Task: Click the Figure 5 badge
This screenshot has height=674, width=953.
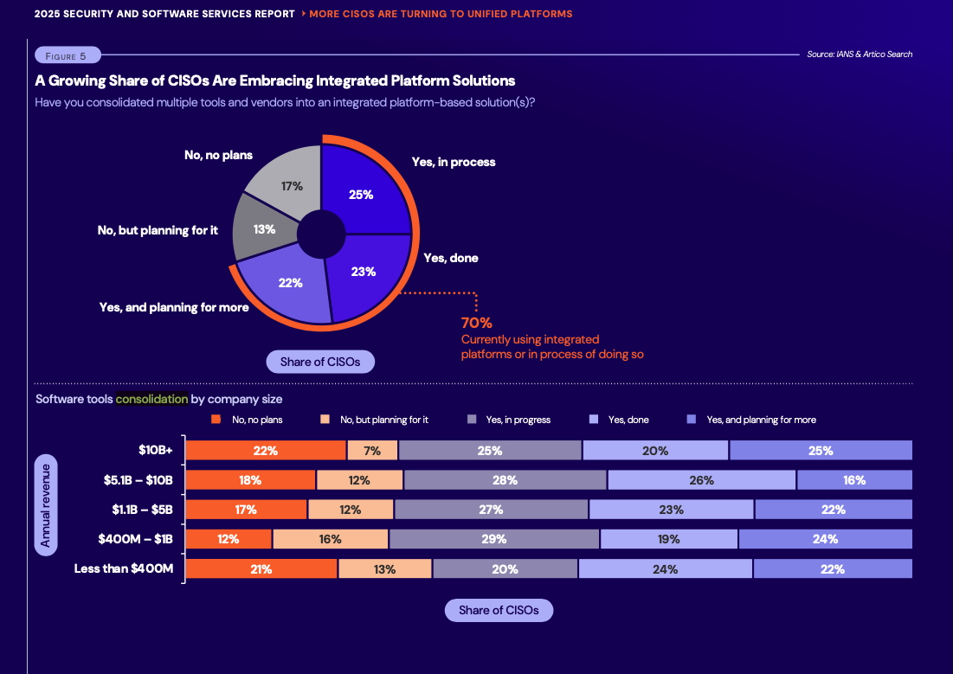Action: pos(68,55)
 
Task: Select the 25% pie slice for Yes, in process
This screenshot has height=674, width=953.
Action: pos(362,194)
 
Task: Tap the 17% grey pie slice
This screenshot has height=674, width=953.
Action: pos(291,185)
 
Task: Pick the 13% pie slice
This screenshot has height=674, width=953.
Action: pos(265,229)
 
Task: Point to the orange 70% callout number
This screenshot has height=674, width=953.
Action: pos(476,323)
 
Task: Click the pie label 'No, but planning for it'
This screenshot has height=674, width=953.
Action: pos(158,230)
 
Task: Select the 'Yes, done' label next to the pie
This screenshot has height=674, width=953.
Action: pos(450,258)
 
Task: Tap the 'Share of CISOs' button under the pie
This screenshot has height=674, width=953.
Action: pos(320,362)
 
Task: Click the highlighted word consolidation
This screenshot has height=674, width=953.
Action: pos(151,399)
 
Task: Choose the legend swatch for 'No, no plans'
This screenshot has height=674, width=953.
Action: pos(216,420)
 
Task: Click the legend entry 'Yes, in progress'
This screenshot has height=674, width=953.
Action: pos(518,420)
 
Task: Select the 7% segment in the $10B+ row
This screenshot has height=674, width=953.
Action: pos(372,450)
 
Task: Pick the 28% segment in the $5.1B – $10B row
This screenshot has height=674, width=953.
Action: pos(505,479)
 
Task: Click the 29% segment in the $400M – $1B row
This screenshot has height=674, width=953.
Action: pos(493,538)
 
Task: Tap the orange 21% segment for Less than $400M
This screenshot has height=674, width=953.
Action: pos(261,568)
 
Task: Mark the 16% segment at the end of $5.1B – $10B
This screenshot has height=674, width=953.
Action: pos(854,479)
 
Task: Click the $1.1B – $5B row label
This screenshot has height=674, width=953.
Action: pos(142,510)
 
